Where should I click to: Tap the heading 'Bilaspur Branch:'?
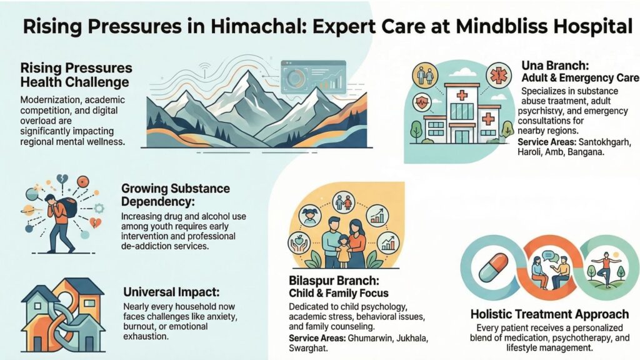(333, 280)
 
